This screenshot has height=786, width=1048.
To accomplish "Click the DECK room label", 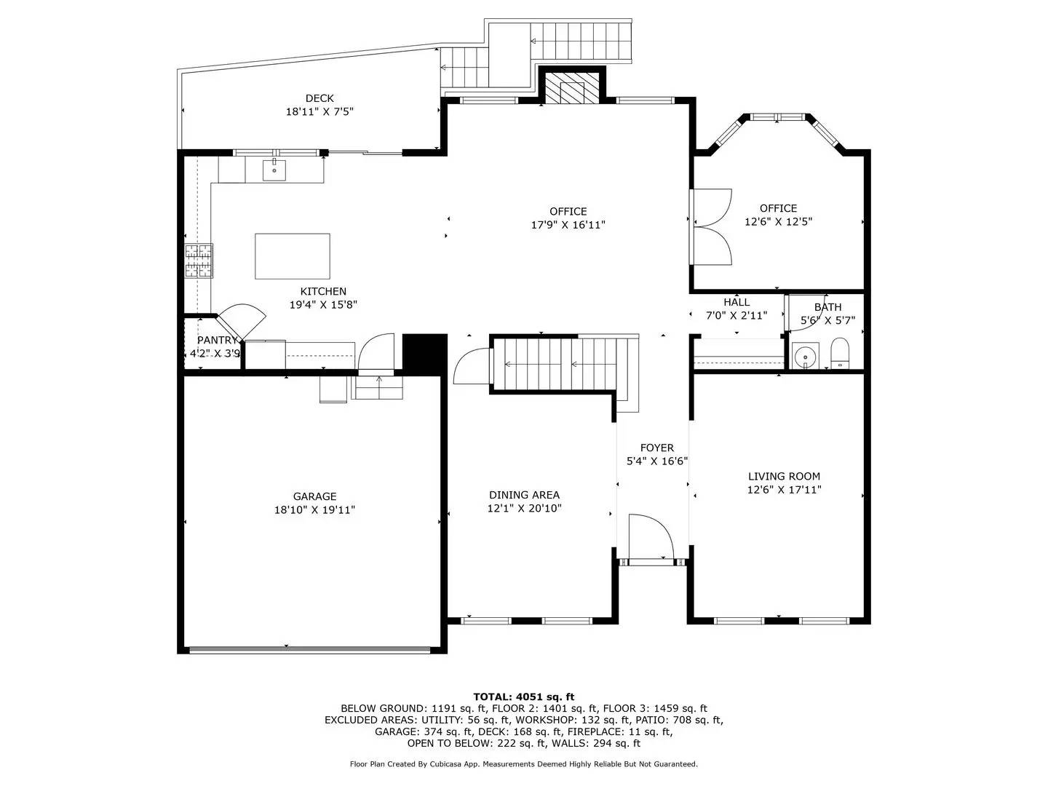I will pyautogui.click(x=319, y=98).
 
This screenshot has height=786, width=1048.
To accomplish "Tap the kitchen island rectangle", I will pyautogui.click(x=292, y=256).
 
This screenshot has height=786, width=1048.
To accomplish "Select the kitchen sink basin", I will pyautogui.click(x=274, y=171).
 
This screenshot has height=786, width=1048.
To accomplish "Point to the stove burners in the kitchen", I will pyautogui.click(x=199, y=261).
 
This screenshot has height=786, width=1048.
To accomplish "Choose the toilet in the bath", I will pyautogui.click(x=840, y=354).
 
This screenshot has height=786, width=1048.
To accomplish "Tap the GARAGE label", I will pyautogui.click(x=314, y=497).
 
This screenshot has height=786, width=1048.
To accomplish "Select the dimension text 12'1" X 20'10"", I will pyautogui.click(x=524, y=509).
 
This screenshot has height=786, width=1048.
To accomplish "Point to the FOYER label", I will pyautogui.click(x=656, y=448).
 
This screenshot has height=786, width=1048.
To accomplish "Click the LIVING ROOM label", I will pyautogui.click(x=784, y=477).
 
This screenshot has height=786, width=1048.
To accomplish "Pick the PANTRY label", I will pyautogui.click(x=217, y=340).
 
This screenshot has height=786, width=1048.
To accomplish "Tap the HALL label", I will pyautogui.click(x=737, y=302).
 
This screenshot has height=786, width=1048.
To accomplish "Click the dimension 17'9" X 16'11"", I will pyautogui.click(x=568, y=225).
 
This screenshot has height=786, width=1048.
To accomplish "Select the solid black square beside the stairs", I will pyautogui.click(x=424, y=354).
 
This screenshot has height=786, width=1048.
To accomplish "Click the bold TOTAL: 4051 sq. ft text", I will pyautogui.click(x=523, y=696).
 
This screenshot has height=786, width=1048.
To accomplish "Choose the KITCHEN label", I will pyautogui.click(x=323, y=291).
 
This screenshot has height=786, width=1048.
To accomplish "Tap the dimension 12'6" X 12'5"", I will pyautogui.click(x=778, y=221).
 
